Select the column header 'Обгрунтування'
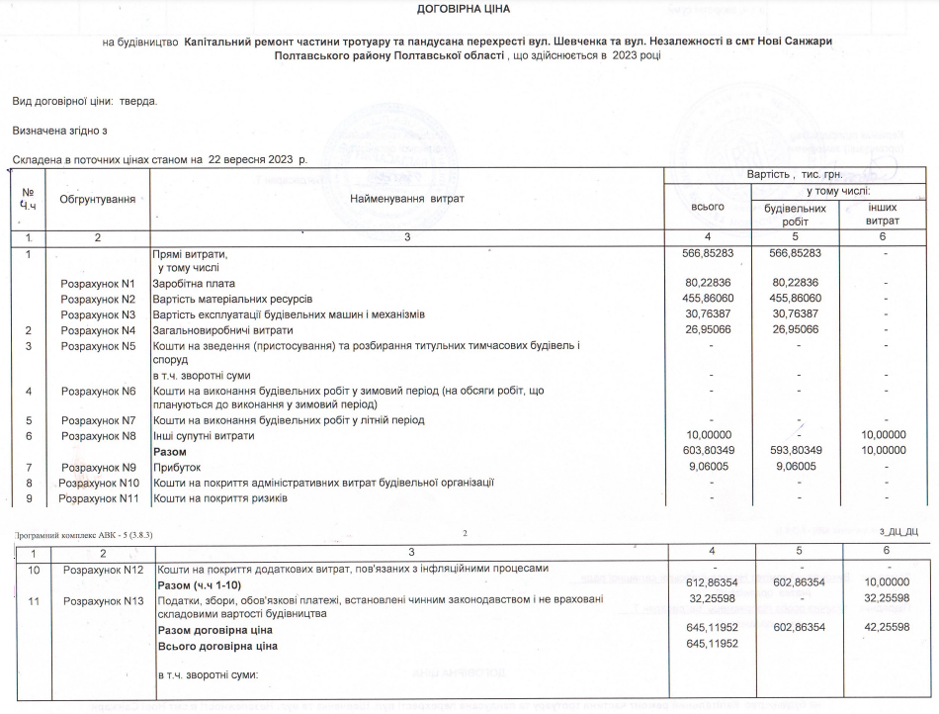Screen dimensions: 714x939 (x=97, y=200)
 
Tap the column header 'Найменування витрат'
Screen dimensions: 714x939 (x=406, y=200)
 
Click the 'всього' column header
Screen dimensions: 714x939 (x=709, y=207)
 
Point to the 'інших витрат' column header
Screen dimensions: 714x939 (x=883, y=215)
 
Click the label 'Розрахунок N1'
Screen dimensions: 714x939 (x=97, y=284)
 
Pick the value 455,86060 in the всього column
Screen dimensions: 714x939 (x=709, y=299)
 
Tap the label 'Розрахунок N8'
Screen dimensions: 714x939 (x=97, y=436)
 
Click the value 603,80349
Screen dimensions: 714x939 (x=709, y=451)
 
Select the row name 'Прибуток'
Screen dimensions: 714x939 (x=176, y=467)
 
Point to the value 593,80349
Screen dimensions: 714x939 (x=796, y=451)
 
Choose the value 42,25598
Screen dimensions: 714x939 (x=886, y=630)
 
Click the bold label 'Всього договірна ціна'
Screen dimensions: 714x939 (x=217, y=646)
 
